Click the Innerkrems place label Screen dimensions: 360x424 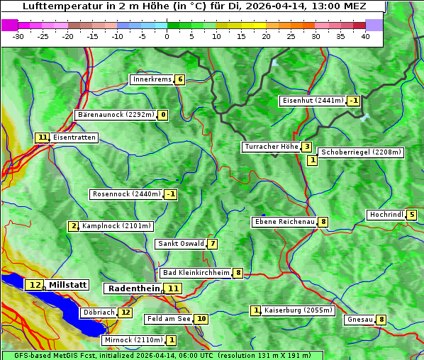152,79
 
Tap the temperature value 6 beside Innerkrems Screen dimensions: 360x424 180,79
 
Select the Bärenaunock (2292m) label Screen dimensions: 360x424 115,115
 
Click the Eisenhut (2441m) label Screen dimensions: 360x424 313,101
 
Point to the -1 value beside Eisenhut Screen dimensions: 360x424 354,101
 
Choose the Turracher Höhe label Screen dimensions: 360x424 271,147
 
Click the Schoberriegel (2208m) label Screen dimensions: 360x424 361,152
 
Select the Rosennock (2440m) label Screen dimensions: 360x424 125,194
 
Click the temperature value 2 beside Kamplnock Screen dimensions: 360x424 73,226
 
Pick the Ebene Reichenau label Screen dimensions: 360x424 284,222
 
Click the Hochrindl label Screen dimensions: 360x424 386,215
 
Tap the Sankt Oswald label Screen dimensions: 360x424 180,244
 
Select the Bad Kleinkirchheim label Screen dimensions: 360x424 196,273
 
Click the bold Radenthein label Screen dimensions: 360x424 134,288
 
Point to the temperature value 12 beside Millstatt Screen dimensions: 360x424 35,285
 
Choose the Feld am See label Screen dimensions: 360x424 169,319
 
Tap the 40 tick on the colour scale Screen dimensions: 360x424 365,36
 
